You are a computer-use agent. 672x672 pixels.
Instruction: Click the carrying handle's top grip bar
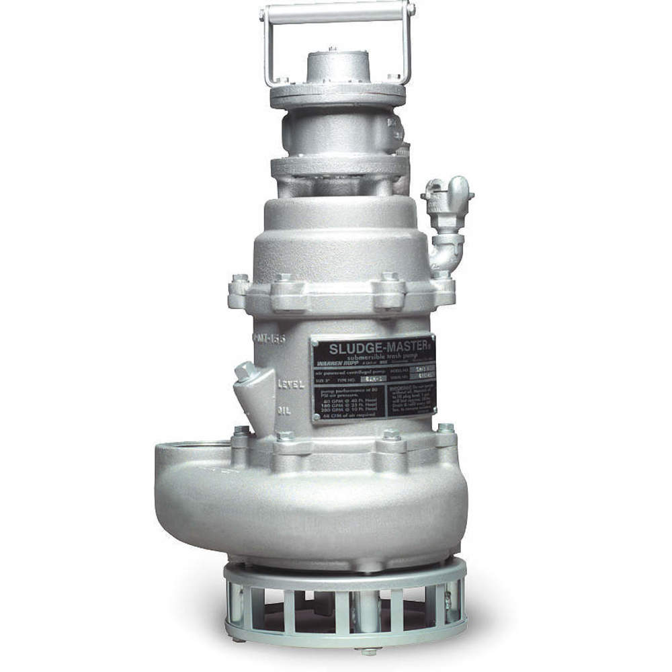click(338, 11)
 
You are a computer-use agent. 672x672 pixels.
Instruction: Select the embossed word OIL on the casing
click(284, 409)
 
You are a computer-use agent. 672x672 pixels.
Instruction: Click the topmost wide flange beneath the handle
click(337, 95)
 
